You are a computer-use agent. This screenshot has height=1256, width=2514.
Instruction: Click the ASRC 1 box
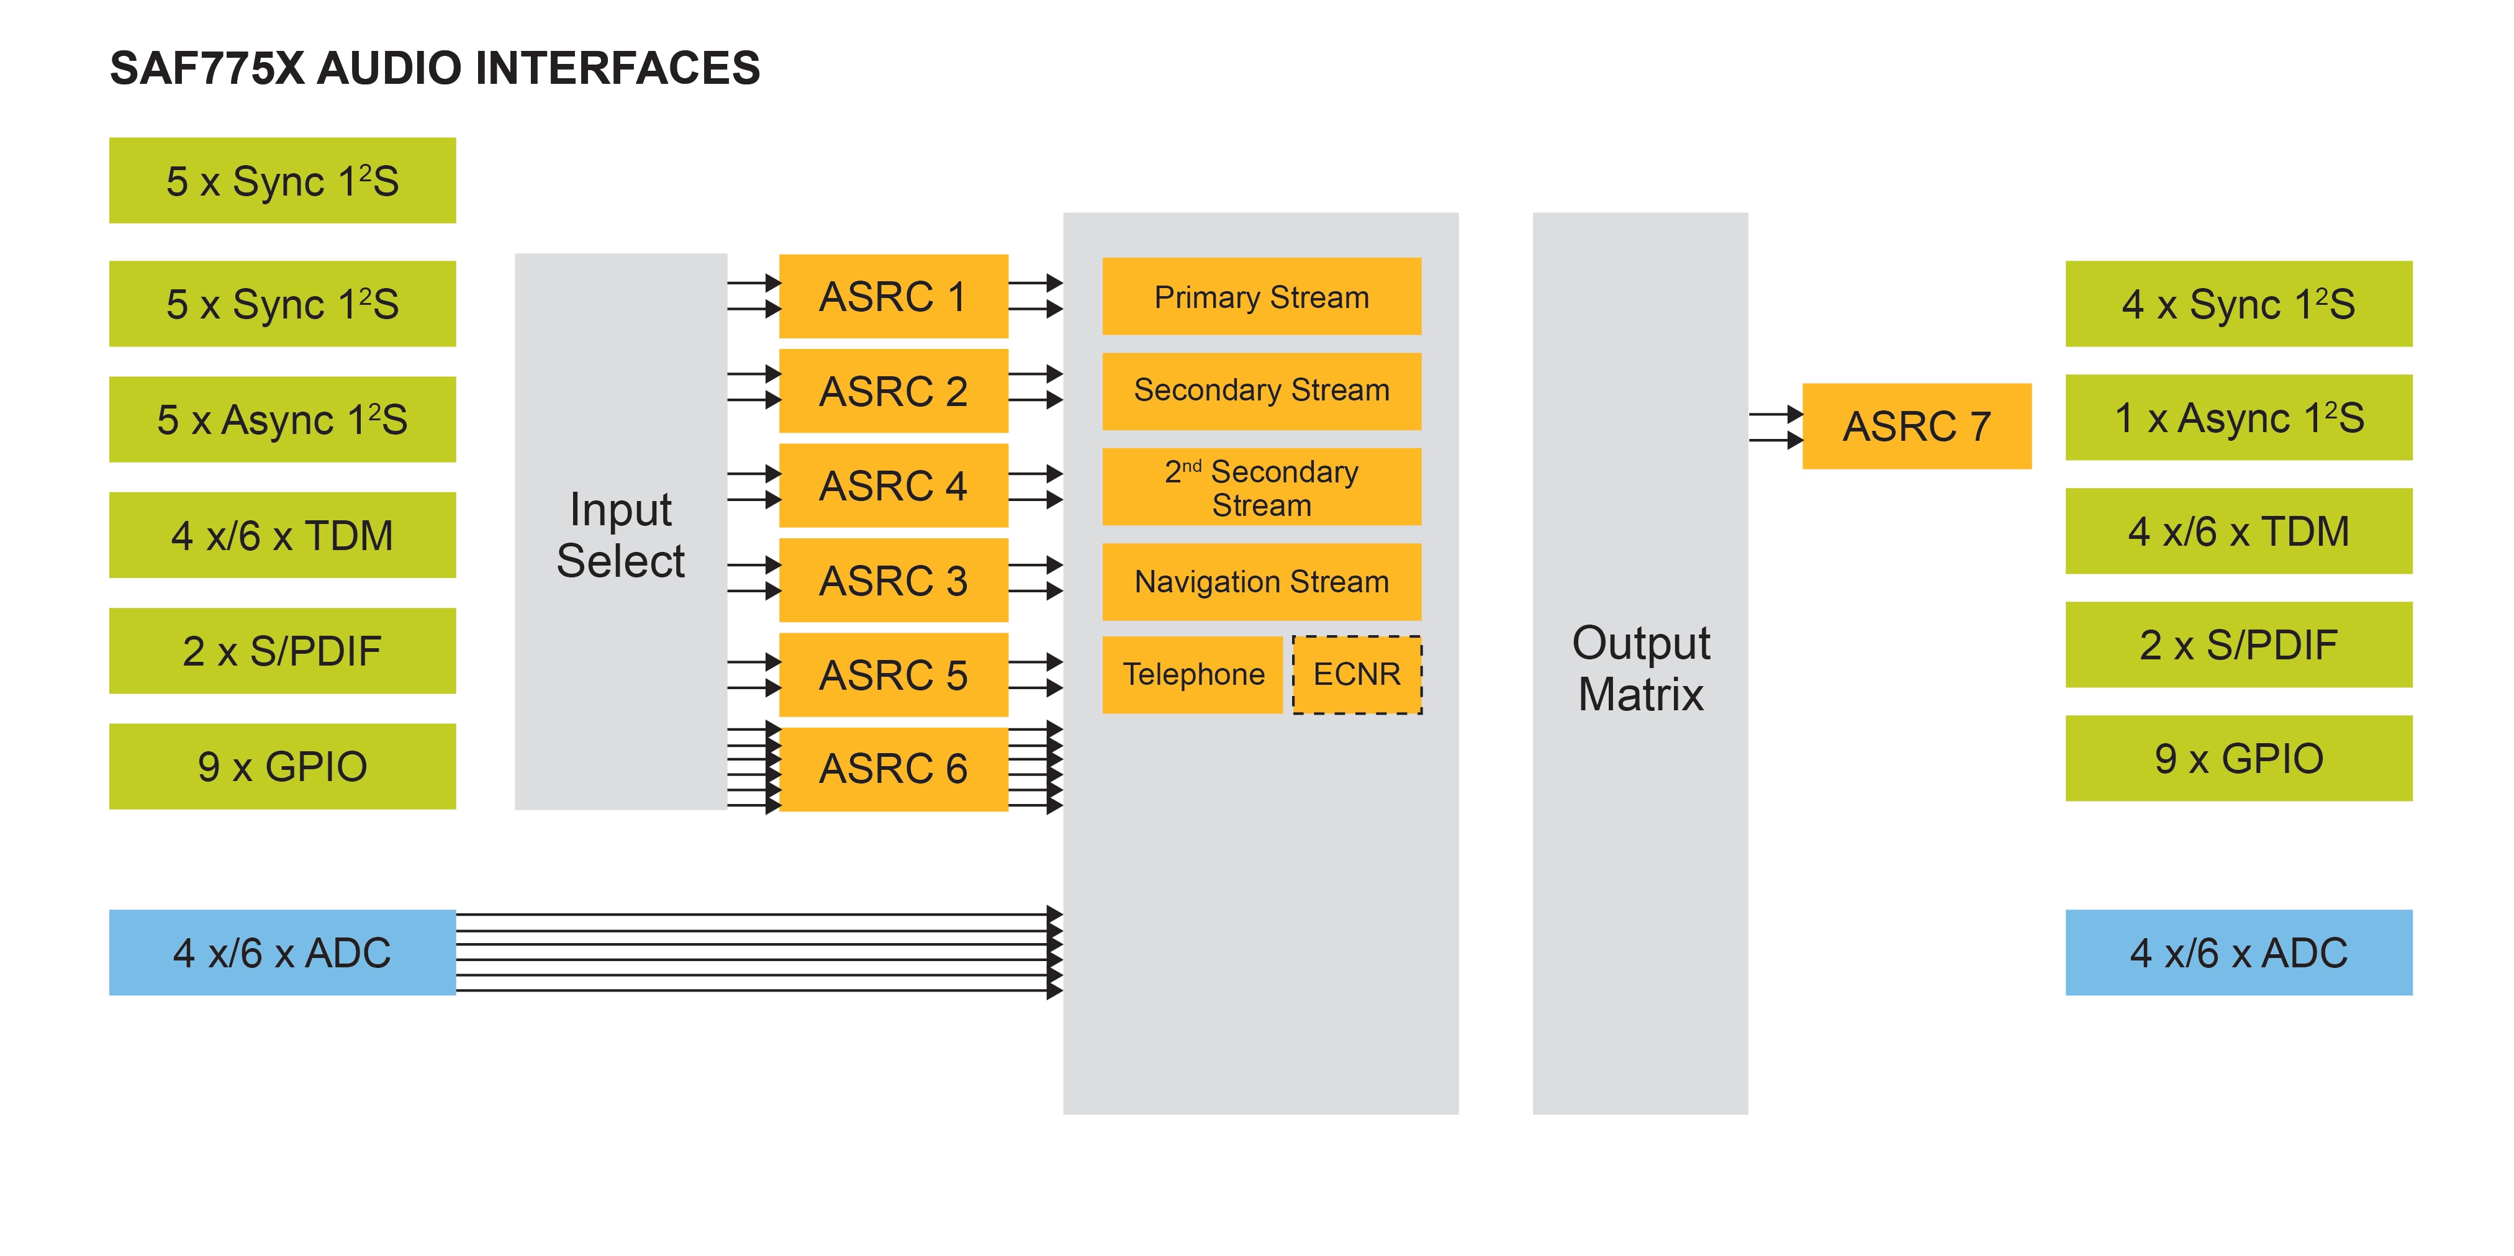(x=893, y=297)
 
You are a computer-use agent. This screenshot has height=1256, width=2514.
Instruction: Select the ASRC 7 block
(x=1915, y=427)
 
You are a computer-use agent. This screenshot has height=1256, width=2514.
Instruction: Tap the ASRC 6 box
(x=893, y=769)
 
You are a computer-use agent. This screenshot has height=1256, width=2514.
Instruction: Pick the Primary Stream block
(x=1261, y=297)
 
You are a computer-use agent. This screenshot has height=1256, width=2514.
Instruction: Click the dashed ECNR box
(x=1357, y=674)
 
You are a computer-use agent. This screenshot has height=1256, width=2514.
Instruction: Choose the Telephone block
(x=1191, y=674)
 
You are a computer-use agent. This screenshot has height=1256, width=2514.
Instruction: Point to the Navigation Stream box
(x=1261, y=582)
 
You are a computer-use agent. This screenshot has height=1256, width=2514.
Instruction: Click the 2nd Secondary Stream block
(x=1261, y=488)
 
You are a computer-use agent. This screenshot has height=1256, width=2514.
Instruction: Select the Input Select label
(x=621, y=535)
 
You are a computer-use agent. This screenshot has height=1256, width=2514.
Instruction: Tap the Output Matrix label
(x=1640, y=669)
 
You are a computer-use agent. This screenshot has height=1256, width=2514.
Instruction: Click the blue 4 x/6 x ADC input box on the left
(x=282, y=952)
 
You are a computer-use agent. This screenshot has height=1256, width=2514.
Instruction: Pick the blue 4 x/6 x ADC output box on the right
(x=2238, y=952)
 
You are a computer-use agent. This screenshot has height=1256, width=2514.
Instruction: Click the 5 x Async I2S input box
(x=282, y=420)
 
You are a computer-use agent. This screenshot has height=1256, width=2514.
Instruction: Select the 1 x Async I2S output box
(x=2238, y=418)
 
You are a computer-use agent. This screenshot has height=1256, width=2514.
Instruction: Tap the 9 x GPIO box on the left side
(x=282, y=766)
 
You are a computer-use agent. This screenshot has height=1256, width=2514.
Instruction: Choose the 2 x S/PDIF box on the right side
(x=2238, y=645)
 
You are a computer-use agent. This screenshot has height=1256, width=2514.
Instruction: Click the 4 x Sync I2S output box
(x=2238, y=304)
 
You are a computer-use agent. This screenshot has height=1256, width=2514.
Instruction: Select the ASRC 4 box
(x=893, y=486)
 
